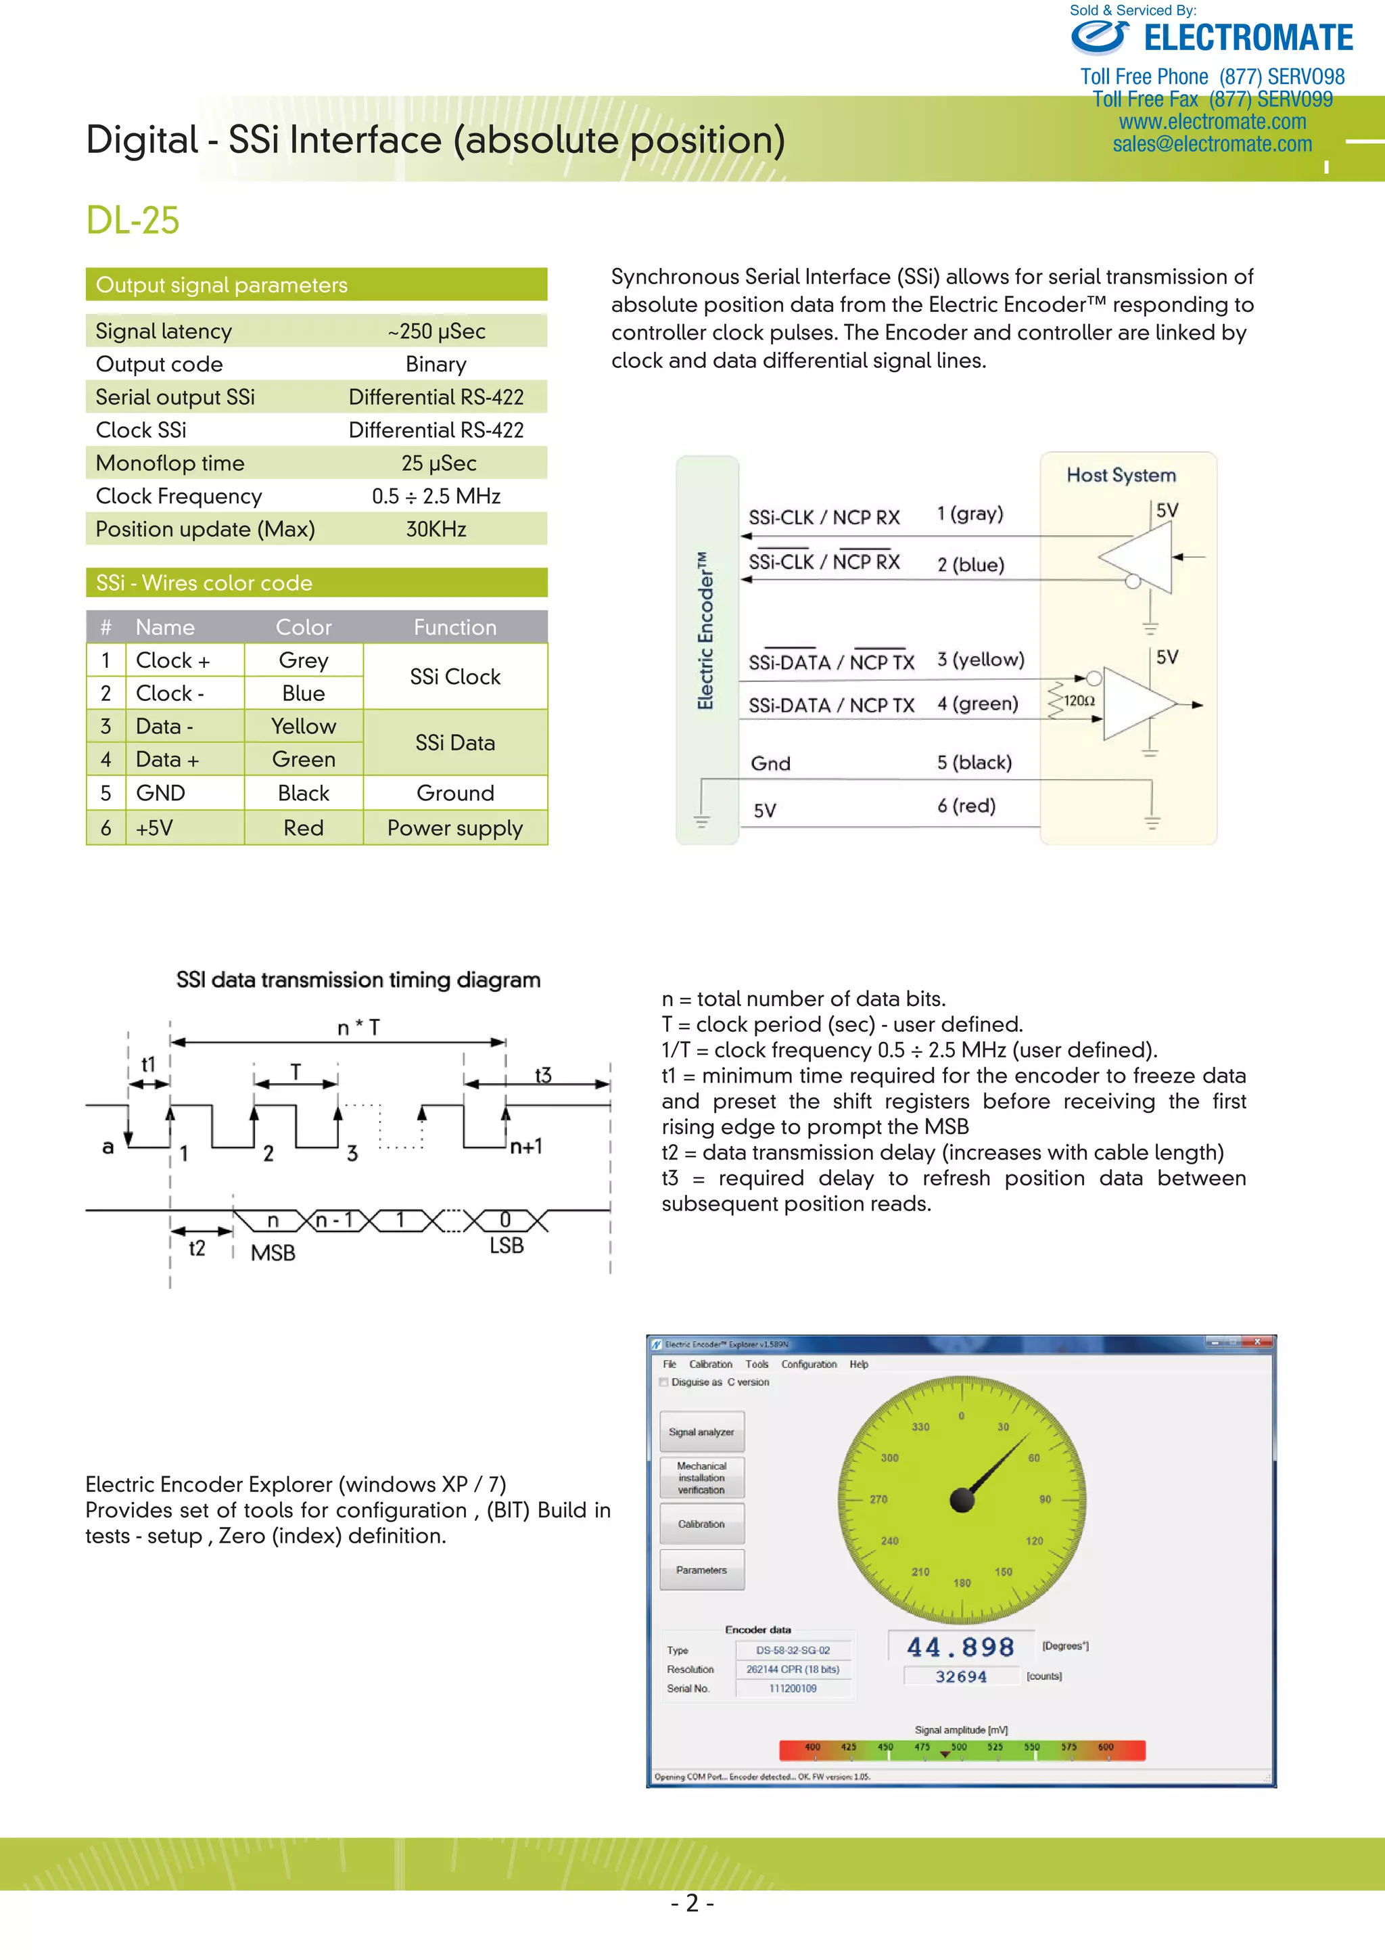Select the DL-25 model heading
pos(133,221)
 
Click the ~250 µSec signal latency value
pos(436,332)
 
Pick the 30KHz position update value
pos(436,529)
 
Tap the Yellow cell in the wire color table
pos(303,727)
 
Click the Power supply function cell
pos(455,828)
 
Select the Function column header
pos(455,627)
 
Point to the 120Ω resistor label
pos(1079,701)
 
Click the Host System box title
pos(1121,476)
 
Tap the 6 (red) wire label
pos(966,806)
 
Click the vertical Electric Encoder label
pos(705,630)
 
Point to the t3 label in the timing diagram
pos(543,1075)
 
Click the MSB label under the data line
pos(273,1253)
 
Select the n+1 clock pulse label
pos(525,1147)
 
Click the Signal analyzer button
pos(701,1432)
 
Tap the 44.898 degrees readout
pos(960,1647)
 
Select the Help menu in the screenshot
pos(858,1364)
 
